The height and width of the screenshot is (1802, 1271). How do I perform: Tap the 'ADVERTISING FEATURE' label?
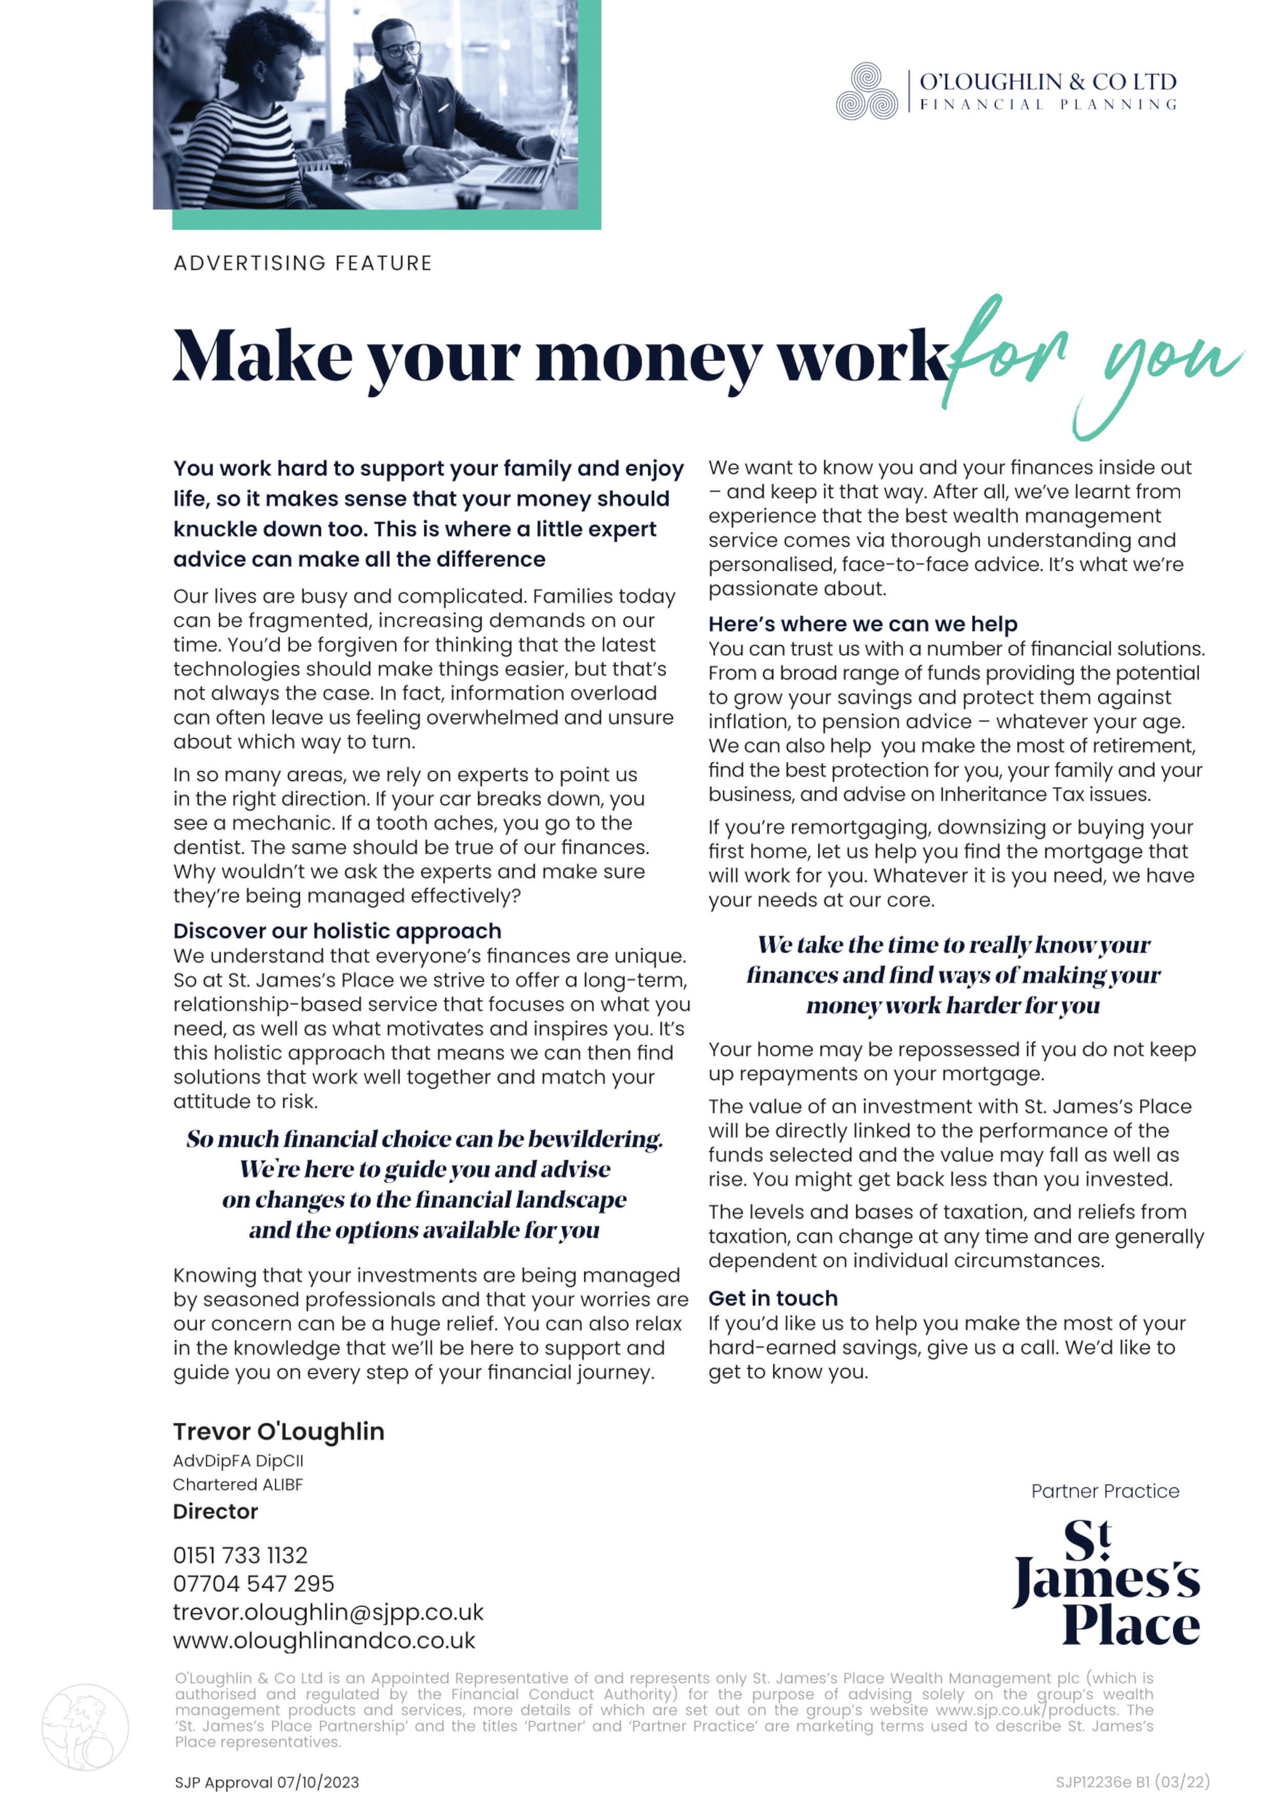303,263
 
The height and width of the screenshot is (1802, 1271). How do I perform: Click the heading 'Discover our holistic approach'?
337,931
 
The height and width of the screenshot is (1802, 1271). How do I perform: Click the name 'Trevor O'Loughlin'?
278,1431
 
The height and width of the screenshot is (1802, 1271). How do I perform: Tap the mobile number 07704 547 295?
253,1583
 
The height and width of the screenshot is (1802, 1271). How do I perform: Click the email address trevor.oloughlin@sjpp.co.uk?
328,1612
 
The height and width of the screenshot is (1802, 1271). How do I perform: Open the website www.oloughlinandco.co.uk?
324,1641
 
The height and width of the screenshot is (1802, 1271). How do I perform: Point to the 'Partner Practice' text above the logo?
1104,1491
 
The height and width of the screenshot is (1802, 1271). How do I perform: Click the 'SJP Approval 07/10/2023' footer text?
266,1783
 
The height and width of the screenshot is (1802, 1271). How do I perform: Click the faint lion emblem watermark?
85,1727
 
